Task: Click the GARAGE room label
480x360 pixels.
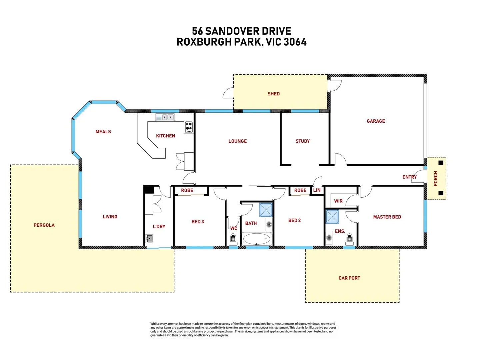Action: (x=376, y=121)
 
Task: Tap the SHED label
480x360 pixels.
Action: (x=273, y=94)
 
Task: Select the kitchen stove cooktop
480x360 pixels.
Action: (x=189, y=127)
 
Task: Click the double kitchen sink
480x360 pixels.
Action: (x=165, y=117)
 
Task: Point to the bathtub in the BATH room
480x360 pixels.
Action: (x=257, y=239)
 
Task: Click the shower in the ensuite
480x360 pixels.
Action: (x=332, y=217)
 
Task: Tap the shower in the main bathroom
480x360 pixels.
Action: (x=266, y=210)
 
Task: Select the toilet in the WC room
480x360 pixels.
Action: (x=233, y=238)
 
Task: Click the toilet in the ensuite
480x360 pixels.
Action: (x=349, y=238)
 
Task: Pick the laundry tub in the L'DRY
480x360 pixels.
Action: (x=150, y=239)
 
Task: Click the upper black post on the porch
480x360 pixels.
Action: (x=441, y=163)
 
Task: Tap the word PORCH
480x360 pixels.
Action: (x=436, y=178)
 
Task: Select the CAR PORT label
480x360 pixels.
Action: (x=349, y=278)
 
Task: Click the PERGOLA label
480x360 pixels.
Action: (x=44, y=225)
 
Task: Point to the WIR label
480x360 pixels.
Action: (x=338, y=201)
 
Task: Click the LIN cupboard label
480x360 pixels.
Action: (x=317, y=190)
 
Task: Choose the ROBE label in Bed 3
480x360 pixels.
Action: (x=187, y=190)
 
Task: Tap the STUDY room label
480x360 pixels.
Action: (x=302, y=141)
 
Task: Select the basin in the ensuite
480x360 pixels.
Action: (x=329, y=238)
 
